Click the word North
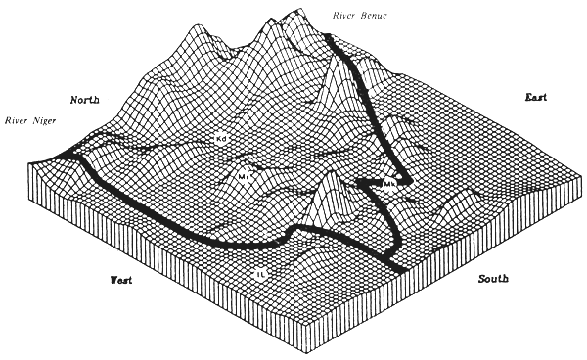[86, 100]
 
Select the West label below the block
[121, 281]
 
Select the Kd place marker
[222, 140]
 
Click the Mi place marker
[245, 177]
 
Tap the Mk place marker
[389, 183]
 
